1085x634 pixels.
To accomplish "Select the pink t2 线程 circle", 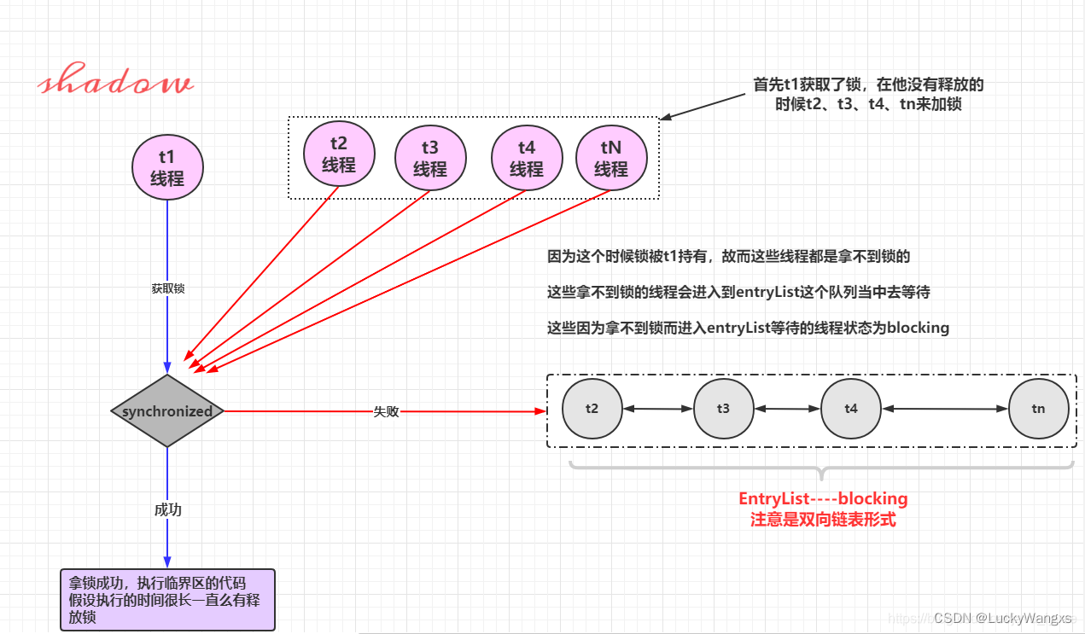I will (339, 155).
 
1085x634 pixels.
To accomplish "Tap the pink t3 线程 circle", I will (430, 160).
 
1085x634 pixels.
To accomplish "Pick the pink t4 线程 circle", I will (527, 160).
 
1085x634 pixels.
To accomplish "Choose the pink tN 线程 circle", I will (611, 160).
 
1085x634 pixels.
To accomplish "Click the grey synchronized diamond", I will (167, 411).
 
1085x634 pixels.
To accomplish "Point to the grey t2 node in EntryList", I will (592, 409).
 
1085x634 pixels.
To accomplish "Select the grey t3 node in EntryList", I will (723, 409).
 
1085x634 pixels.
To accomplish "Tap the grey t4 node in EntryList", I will (851, 409).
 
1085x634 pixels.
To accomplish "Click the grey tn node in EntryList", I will (1038, 409).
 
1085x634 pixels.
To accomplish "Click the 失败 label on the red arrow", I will (386, 411).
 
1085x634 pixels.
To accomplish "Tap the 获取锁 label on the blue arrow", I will (168, 288).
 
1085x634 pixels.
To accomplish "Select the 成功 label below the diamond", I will (167, 509).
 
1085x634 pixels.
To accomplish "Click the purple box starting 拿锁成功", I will (167, 600).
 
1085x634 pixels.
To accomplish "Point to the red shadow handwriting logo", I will (116, 83).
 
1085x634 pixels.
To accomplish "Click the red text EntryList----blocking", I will (823, 498).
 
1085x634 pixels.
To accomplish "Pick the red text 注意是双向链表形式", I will (823, 519).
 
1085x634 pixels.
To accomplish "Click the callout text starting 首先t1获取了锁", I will (868, 95).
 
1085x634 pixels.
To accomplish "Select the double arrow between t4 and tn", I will (945, 410).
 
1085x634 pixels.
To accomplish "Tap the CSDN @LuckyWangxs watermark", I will (1002, 618).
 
